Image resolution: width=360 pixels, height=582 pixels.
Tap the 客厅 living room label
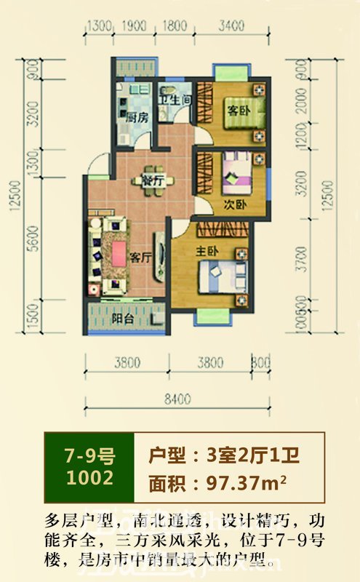(x=140, y=257)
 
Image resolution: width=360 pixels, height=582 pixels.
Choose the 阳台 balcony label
(x=121, y=317)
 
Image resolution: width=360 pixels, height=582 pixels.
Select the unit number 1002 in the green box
(x=89, y=477)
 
